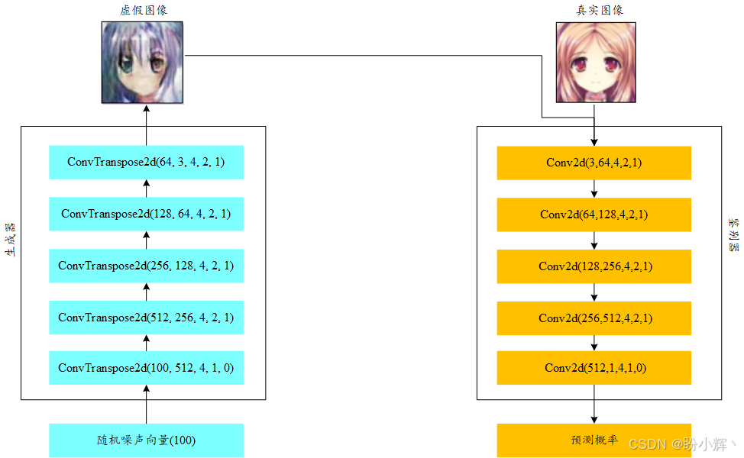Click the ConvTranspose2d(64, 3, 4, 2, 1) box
146,162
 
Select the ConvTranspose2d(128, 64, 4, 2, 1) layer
146,214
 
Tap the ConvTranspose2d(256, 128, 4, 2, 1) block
146,266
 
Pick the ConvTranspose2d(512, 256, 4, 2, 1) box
146,317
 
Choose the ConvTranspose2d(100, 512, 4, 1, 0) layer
146,368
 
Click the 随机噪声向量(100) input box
146,440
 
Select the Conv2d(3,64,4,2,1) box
594,162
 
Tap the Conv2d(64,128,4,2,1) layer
594,214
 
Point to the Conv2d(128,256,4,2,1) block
594,266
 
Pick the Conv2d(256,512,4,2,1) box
594,317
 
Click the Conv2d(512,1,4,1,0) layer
594,368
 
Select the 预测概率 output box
594,440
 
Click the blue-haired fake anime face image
143,62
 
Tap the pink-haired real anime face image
595,62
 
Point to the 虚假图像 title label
143,10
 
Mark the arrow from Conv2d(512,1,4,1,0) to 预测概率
594,405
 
